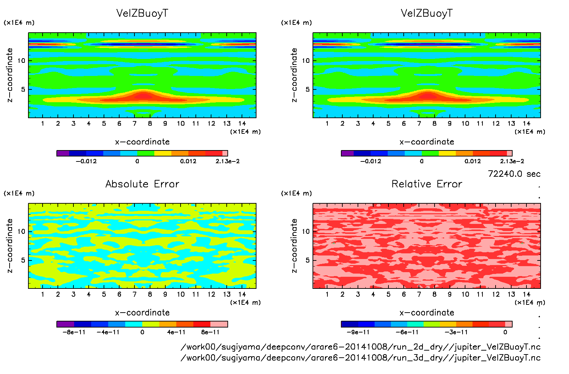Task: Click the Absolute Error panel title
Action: coord(142,184)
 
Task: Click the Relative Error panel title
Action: coord(427,184)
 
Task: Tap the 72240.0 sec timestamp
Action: coord(514,174)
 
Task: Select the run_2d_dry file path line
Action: coord(360,347)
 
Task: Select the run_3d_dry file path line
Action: coord(360,358)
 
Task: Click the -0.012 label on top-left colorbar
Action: coord(86,161)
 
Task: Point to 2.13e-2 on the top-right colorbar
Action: coord(512,161)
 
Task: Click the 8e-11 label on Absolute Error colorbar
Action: coord(210,332)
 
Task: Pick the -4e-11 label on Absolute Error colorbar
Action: coord(108,332)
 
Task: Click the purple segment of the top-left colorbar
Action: coord(63,153)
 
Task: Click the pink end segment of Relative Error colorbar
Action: coord(509,324)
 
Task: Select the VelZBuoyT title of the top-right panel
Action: coord(427,13)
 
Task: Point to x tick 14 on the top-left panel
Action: coord(242,123)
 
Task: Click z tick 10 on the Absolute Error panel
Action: coord(22,231)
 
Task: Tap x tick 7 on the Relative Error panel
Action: coord(419,294)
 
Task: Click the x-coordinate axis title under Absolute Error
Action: coord(142,313)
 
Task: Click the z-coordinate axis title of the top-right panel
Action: coord(294,75)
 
